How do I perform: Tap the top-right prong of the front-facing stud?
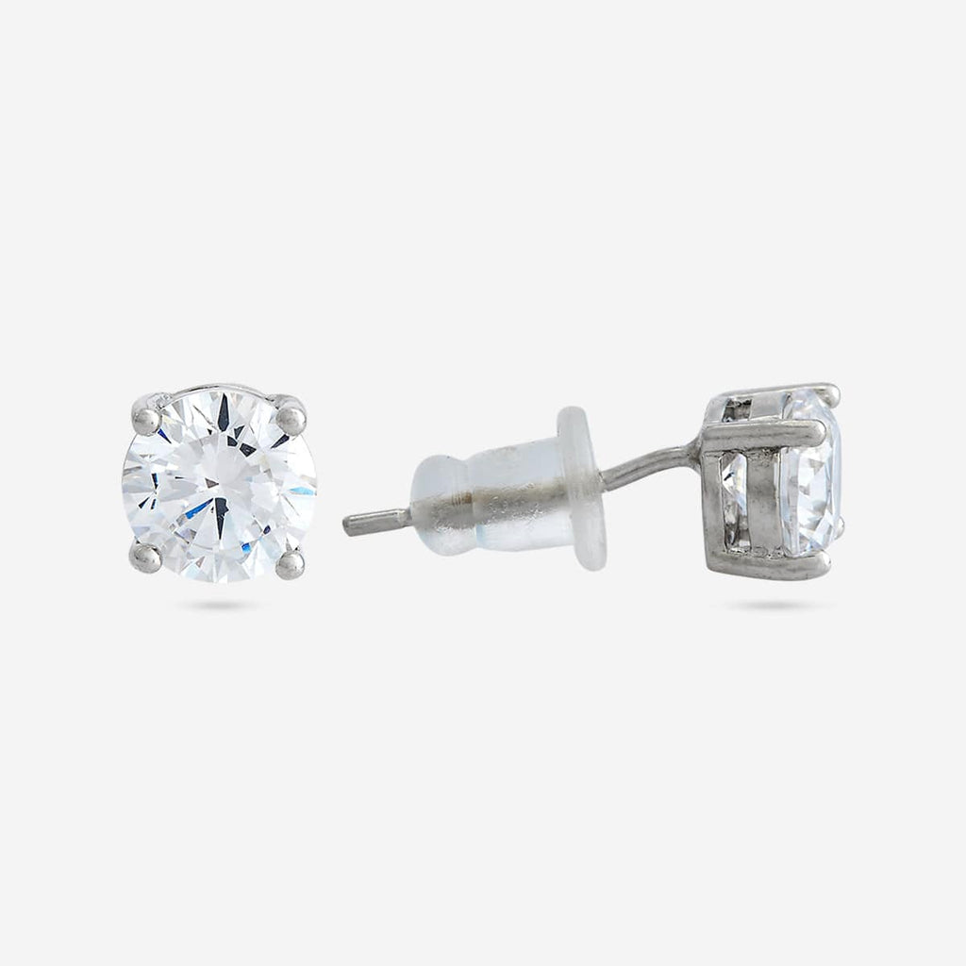point(291,416)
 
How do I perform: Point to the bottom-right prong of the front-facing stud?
point(290,563)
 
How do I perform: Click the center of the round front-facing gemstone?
point(218,485)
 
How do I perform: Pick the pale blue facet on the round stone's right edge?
point(302,491)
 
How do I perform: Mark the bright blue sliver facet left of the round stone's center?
point(198,509)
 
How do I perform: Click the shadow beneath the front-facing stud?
point(217,605)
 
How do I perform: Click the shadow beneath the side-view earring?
point(774,605)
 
